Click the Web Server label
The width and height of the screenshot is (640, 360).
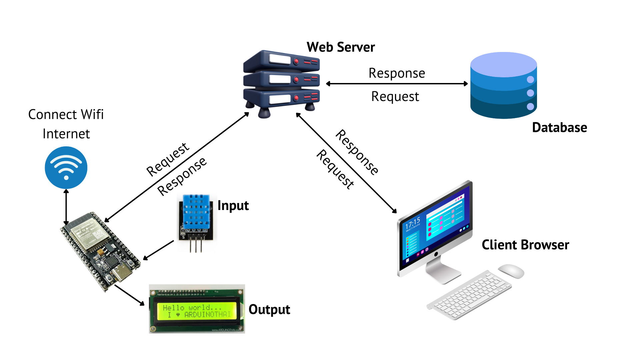pos(341,47)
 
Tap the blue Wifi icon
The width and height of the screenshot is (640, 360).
pos(66,168)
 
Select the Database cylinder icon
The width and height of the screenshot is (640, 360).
pos(503,85)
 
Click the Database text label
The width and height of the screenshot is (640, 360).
pos(559,128)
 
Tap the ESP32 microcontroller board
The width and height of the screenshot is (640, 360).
pos(100,250)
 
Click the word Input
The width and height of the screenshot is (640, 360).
pos(233,206)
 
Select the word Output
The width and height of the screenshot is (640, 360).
pos(269,310)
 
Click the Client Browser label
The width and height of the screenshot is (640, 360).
pos(525,245)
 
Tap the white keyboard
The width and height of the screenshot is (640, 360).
pos(470,295)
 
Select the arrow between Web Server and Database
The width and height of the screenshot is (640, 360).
pos(397,84)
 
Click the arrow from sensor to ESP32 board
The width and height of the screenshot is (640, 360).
pos(159,250)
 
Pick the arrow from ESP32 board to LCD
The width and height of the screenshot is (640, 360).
pos(130,295)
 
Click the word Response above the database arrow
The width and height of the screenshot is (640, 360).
pos(397,73)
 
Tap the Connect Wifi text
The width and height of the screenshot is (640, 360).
pos(66,114)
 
